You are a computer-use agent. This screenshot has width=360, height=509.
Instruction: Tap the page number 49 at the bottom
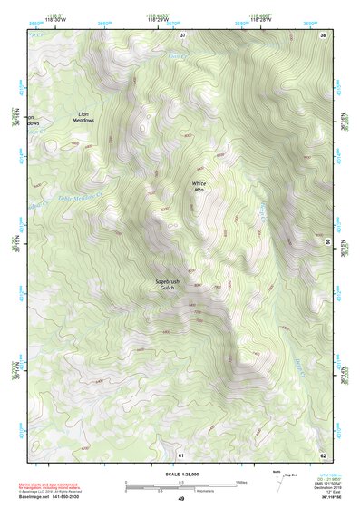click(x=180, y=499)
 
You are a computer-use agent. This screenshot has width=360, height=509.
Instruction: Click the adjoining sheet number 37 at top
click(x=182, y=35)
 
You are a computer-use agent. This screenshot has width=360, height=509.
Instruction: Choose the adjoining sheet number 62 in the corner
click(x=322, y=454)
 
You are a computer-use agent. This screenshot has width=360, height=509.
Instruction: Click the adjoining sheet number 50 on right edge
click(x=327, y=242)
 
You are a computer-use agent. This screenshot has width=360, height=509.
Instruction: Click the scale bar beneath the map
click(x=180, y=485)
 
